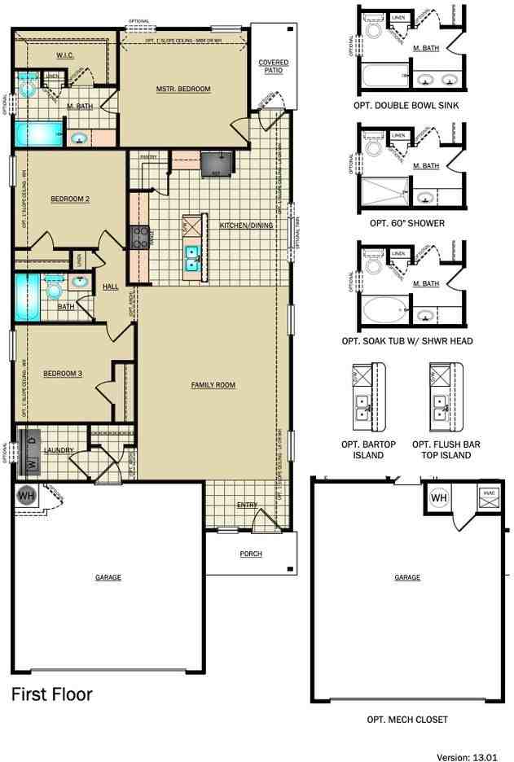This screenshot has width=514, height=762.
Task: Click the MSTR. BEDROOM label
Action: [x=183, y=89]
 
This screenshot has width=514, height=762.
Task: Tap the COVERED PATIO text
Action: [x=273, y=67]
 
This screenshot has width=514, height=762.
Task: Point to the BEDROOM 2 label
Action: [x=69, y=199]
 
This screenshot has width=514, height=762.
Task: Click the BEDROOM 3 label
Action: [x=62, y=374]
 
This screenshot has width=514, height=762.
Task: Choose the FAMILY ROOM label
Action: [x=213, y=384]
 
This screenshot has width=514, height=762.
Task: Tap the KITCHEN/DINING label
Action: [x=247, y=225]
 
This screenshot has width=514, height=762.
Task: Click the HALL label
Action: [x=110, y=287]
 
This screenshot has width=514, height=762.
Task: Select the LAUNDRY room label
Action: [x=59, y=450]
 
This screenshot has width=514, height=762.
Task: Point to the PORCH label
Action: [x=250, y=554]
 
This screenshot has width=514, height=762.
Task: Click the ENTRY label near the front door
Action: [x=247, y=505]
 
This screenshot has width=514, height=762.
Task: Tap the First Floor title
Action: [x=51, y=694]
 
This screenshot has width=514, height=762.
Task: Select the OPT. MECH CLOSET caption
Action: [x=406, y=720]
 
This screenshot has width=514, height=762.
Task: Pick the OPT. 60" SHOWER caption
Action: [x=406, y=222]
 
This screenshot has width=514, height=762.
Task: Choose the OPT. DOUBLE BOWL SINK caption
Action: [x=406, y=104]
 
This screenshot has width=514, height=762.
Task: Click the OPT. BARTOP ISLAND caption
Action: [x=362, y=450]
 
